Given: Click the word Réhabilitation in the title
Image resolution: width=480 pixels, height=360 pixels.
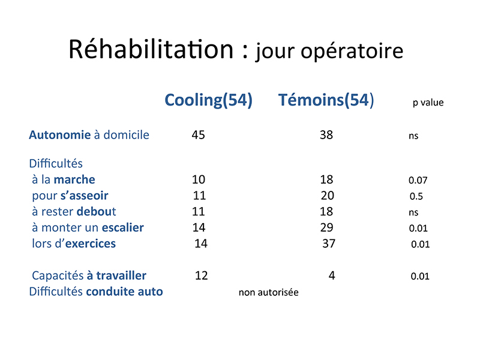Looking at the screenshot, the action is tap(151, 49).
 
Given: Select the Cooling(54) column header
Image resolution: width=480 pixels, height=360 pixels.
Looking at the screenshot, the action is tap(208, 100).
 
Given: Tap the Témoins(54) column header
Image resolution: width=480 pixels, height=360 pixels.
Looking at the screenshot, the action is tap(326, 100).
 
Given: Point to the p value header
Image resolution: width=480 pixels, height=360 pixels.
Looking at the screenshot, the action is tap(428, 103).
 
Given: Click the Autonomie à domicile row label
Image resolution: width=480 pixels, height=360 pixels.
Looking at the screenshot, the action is tap(89, 135).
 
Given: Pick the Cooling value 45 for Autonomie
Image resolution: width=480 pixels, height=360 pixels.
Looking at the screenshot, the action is tap(199, 135).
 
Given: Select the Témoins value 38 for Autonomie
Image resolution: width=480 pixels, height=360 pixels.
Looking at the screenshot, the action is tap(326, 135).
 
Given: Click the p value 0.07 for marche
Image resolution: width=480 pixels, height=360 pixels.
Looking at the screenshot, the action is tap(418, 180).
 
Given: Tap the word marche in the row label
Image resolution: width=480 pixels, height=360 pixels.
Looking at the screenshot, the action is tap(74, 179).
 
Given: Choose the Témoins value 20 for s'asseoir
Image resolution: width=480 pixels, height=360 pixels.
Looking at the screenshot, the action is tap(327, 196).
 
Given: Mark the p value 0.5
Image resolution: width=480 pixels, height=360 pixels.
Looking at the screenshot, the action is tap(416, 196).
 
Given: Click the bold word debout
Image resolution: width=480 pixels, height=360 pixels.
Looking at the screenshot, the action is tap(96, 212).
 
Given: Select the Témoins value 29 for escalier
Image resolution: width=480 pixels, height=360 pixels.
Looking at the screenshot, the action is tap(326, 227).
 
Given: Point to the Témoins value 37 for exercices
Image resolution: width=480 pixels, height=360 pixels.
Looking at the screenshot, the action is tap(329, 244).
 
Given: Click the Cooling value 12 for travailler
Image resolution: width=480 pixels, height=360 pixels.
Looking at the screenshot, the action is tap(202, 275).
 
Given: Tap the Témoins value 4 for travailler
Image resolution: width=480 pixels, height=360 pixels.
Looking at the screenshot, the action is tap(332, 275).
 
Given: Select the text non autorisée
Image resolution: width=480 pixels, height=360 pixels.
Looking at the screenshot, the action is tap(268, 292).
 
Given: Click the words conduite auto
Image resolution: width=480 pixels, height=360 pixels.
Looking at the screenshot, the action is tap(124, 292).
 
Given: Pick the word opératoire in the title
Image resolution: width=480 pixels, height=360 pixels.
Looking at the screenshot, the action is tap(352, 51).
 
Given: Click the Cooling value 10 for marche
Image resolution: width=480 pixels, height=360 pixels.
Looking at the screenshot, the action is tap(199, 179).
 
